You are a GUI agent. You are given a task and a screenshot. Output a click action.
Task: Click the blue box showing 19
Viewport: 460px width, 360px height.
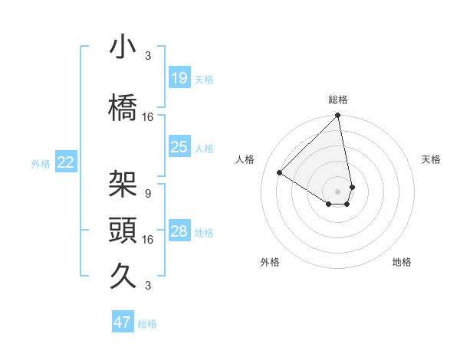pos(179,78)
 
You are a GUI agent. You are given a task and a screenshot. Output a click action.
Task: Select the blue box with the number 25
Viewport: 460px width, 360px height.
pos(179,147)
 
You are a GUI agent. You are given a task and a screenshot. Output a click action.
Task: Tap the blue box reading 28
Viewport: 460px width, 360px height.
pos(179,232)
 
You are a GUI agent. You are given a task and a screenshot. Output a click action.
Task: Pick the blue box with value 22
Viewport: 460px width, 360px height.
pos(66,162)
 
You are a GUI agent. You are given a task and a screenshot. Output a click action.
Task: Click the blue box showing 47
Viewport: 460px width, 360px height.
pos(123,322)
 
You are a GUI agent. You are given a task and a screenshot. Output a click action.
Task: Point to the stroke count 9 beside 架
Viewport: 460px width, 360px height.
pos(148,193)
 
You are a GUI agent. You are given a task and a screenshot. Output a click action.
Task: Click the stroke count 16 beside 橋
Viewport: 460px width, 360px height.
pos(148,116)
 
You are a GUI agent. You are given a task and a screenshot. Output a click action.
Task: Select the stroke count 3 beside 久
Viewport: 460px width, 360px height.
pos(148,286)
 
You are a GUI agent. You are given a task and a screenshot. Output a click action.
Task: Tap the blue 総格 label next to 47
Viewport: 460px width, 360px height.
pos(147,324)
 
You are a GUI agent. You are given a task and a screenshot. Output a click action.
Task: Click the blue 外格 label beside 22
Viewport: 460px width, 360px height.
pos(41,163)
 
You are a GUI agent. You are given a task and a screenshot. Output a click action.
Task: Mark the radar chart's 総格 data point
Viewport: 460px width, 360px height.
pos(337,116)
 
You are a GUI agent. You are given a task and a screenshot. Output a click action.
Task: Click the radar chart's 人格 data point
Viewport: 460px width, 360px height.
pos(280,173)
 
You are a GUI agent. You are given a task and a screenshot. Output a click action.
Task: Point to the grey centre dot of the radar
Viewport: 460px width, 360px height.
pos(337,191)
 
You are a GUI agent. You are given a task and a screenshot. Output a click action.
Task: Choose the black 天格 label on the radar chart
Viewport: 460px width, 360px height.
pos(431,159)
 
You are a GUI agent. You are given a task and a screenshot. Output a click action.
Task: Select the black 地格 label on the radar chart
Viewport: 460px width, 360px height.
pos(402,262)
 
